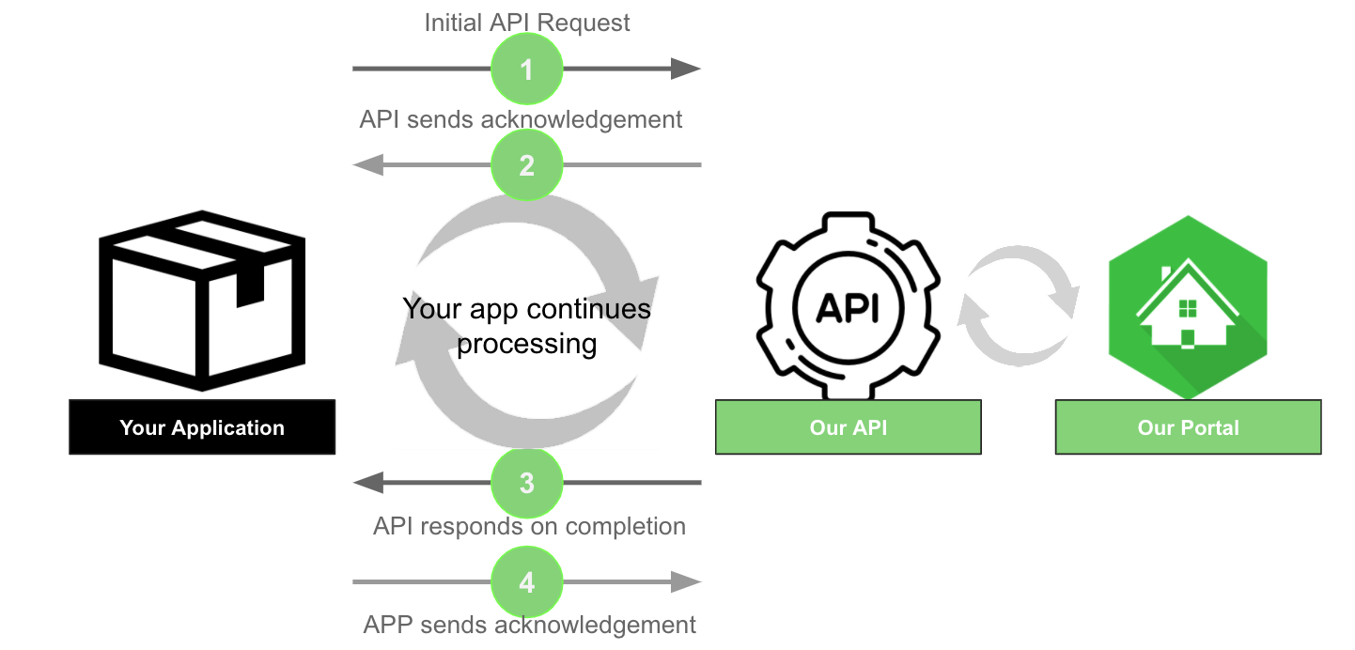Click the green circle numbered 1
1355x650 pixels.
pyautogui.click(x=527, y=69)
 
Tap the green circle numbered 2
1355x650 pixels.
pyautogui.click(x=527, y=165)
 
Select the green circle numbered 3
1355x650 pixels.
pyautogui.click(x=527, y=483)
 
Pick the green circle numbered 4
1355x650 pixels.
pyautogui.click(x=527, y=582)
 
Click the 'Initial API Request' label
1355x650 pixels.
pyautogui.click(x=527, y=23)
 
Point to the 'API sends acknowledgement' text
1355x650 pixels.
pyautogui.click(x=521, y=119)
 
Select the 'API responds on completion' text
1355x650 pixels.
pyautogui.click(x=529, y=526)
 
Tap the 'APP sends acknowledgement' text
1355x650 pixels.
pyautogui.click(x=530, y=625)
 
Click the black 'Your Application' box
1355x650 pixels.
pyautogui.click(x=202, y=427)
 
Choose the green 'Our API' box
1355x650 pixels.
pyautogui.click(x=849, y=427)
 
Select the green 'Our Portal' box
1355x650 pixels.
pyautogui.click(x=1188, y=427)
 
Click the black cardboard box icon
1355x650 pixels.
pyautogui.click(x=202, y=301)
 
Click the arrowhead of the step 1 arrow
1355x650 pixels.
pyautogui.click(x=686, y=69)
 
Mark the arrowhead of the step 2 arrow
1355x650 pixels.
pyautogui.click(x=366, y=165)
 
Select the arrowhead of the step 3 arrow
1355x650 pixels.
pyautogui.click(x=366, y=483)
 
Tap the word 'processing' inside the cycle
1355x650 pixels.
pyautogui.click(x=526, y=344)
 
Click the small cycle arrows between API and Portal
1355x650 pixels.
pyautogui.click(x=1018, y=305)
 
